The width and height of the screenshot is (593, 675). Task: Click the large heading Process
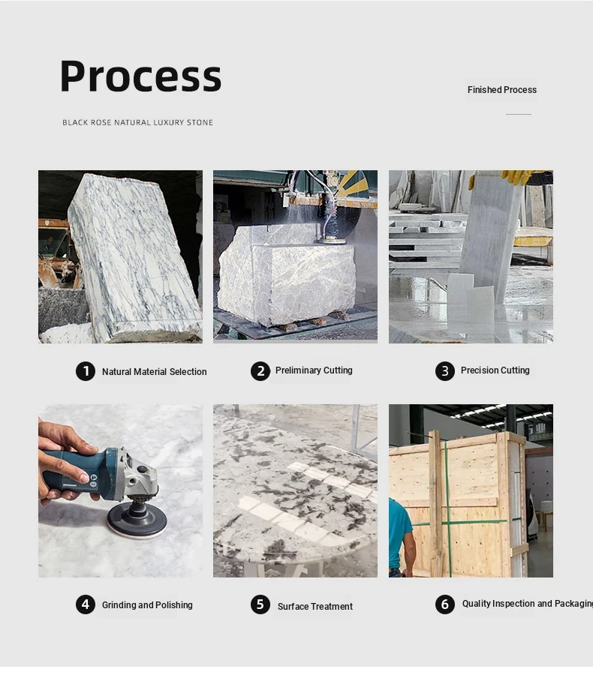click(x=140, y=76)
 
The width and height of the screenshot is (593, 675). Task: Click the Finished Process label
click(x=502, y=90)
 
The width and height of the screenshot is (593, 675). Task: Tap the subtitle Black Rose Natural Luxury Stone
click(x=138, y=123)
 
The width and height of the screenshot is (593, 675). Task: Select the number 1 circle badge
click(x=86, y=371)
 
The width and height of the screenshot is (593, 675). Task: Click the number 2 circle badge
click(x=260, y=371)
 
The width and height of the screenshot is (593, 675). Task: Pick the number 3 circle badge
click(x=444, y=371)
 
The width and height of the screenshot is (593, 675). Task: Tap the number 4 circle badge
click(x=86, y=604)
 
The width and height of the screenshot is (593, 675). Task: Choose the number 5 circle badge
click(x=260, y=604)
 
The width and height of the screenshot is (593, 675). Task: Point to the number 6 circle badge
click(x=444, y=604)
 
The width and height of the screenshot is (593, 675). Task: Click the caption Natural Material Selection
click(x=155, y=371)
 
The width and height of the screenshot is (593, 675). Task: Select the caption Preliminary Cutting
click(x=314, y=370)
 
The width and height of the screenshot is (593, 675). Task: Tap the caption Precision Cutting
click(x=495, y=370)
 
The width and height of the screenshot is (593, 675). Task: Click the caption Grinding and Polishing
click(x=147, y=604)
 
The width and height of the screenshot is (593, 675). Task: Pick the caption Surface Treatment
click(x=315, y=606)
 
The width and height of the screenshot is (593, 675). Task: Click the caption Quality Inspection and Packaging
click(x=528, y=604)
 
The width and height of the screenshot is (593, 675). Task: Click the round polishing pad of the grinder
click(x=137, y=521)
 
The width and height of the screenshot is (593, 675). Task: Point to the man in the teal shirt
click(x=401, y=537)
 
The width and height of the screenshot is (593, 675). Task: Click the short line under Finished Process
click(x=519, y=114)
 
